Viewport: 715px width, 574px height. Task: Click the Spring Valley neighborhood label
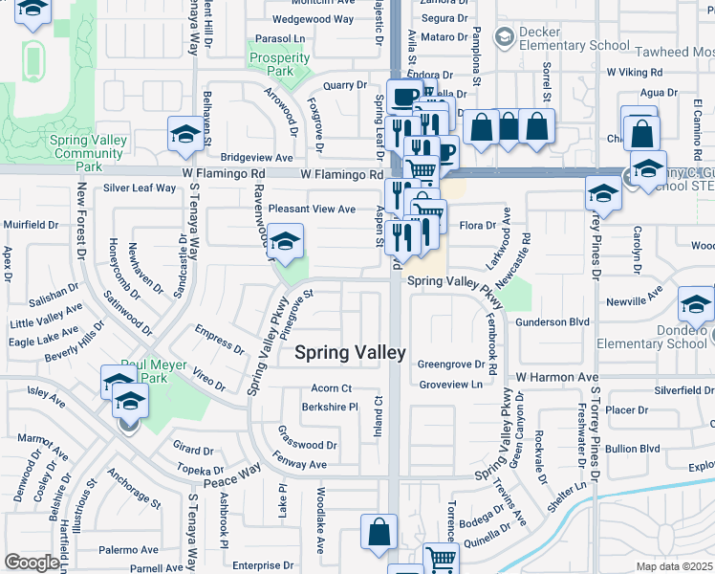click(350, 352)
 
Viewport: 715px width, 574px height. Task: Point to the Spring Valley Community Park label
click(89, 153)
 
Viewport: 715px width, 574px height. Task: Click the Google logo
click(32, 563)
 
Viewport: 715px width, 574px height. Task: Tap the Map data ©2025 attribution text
click(676, 566)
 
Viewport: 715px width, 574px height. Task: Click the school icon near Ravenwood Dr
click(284, 243)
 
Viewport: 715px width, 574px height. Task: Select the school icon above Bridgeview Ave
click(184, 135)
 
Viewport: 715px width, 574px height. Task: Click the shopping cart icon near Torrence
click(439, 559)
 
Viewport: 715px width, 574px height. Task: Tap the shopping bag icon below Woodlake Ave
click(379, 532)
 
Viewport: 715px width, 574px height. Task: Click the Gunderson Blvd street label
click(552, 322)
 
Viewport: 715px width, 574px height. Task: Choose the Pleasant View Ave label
click(312, 209)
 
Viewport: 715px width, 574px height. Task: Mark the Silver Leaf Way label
click(140, 188)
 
